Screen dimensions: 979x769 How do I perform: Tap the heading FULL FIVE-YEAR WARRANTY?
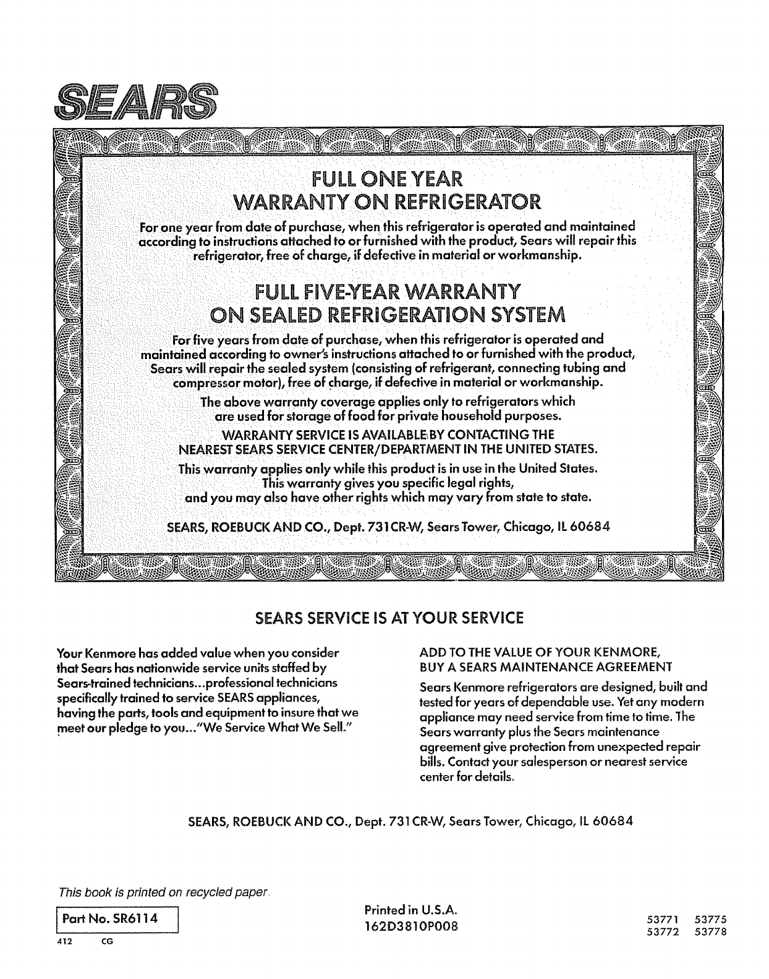click(x=386, y=290)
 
